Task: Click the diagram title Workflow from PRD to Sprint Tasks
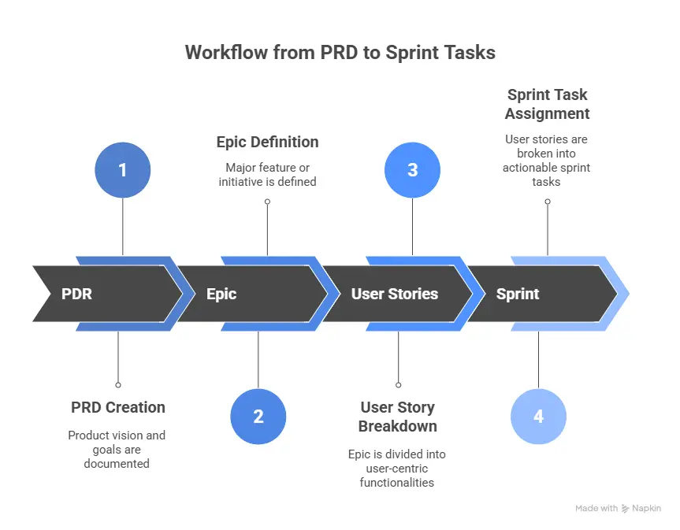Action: [340, 53]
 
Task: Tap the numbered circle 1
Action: [122, 170]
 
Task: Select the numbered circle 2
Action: [258, 417]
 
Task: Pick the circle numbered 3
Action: [411, 170]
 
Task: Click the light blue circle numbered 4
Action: [538, 417]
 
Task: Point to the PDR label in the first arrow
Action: [76, 294]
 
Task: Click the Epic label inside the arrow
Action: [221, 294]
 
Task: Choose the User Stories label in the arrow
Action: [394, 294]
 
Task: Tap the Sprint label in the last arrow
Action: [518, 294]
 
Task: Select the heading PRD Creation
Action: [118, 407]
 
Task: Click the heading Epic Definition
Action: [267, 143]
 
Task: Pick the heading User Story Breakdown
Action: [397, 417]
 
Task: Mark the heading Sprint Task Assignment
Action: [547, 104]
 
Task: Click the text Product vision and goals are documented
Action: [117, 450]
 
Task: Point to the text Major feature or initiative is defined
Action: [267, 175]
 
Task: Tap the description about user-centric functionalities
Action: [397, 468]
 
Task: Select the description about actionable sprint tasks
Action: [547, 161]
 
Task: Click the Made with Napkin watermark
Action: [618, 509]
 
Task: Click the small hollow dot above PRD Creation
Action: [118, 385]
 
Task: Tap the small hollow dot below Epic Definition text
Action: [267, 202]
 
